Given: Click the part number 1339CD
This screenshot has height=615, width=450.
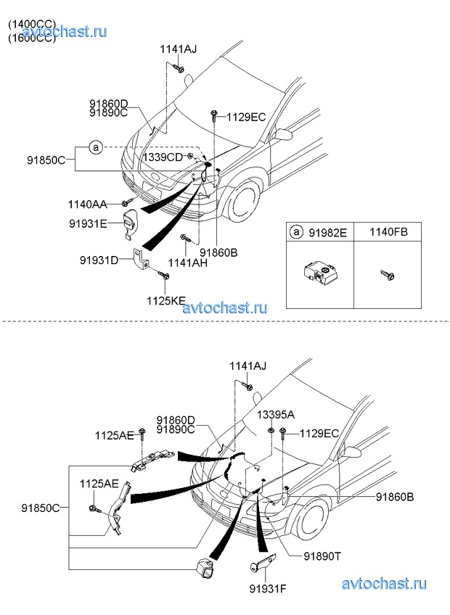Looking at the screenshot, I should (x=163, y=157).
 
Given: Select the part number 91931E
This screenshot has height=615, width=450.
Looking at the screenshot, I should (x=89, y=224).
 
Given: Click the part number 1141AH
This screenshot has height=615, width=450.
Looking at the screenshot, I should (x=187, y=262).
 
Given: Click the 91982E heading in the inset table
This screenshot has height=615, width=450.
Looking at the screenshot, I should (x=327, y=232).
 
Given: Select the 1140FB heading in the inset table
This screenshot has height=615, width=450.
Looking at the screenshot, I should (x=389, y=232).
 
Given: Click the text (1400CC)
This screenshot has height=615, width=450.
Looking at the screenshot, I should (x=32, y=24).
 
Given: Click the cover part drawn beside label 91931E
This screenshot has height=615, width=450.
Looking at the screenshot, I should (x=130, y=221).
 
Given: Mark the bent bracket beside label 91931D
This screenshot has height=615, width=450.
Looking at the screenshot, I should (x=140, y=259).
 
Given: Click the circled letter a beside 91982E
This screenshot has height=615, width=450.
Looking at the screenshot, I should (x=295, y=232).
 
